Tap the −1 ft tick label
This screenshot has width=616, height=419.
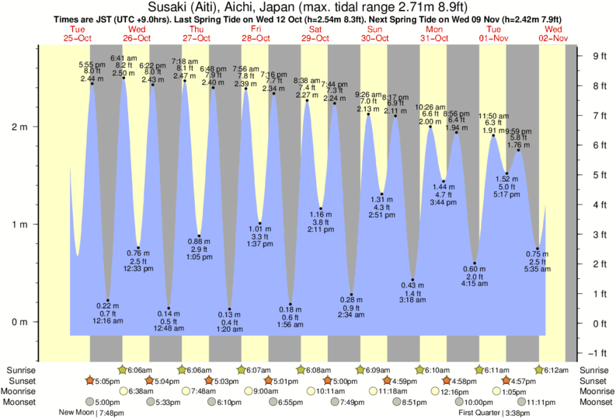click(x=597, y=353)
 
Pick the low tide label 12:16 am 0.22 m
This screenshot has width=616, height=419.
click(x=108, y=313)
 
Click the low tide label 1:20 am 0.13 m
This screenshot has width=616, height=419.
click(x=229, y=322)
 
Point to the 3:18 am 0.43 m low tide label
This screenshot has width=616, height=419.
click(x=413, y=292)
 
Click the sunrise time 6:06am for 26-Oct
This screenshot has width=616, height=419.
click(x=141, y=370)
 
